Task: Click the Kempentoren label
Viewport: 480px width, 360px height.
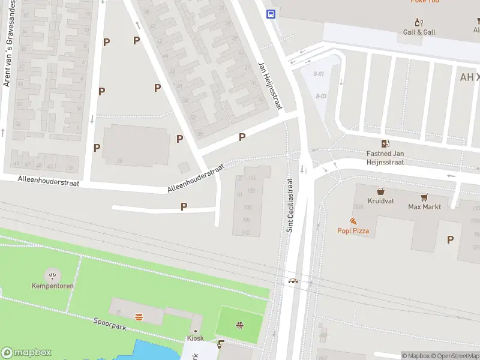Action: point(53,286)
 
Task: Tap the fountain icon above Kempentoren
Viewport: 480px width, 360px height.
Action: point(53,276)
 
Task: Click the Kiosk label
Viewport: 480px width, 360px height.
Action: point(195,338)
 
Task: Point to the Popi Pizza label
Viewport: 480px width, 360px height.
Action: point(353,231)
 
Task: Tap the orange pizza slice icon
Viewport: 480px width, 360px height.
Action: point(353,221)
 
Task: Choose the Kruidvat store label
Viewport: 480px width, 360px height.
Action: point(380,201)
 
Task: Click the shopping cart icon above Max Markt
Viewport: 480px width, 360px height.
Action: point(425,197)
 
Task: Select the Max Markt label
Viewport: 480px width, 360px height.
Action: point(425,207)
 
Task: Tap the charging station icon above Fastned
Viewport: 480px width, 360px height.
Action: point(385,143)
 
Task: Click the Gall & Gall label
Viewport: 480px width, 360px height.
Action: point(419,32)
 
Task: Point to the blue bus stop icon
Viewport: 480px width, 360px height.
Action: point(271,14)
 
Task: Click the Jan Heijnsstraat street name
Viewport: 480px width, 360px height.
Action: point(270,86)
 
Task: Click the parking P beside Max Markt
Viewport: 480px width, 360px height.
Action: point(450,239)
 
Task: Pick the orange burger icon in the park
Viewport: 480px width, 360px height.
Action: point(139,316)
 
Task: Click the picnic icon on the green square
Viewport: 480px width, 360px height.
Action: point(239,325)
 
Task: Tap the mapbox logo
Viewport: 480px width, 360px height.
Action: point(26,353)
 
